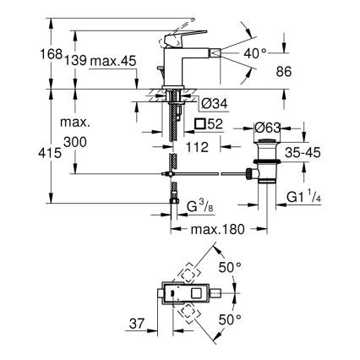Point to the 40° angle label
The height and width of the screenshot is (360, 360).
click(255, 52)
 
